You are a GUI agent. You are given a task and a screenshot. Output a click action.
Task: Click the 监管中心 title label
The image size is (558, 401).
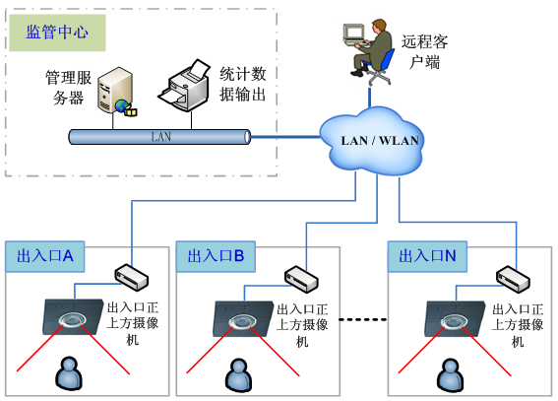[57, 33]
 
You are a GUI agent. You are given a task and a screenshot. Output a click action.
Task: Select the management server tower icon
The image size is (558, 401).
[116, 92]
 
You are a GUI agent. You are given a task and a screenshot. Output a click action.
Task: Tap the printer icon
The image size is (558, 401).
[184, 86]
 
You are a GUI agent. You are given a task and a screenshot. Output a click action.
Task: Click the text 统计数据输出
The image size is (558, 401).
[243, 85]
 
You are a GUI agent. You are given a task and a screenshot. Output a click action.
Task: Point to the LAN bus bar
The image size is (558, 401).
[159, 137]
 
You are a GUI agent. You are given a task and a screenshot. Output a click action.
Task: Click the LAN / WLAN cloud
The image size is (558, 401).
[372, 141]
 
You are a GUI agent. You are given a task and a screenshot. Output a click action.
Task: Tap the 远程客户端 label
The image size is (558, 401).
[424, 51]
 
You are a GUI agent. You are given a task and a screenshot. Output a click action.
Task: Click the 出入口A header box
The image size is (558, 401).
[45, 256]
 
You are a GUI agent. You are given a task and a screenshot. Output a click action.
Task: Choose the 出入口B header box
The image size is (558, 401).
[216, 256]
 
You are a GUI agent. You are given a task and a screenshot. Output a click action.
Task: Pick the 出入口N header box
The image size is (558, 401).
[427, 256]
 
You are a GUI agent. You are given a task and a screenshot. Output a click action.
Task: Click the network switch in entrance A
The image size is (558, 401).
[131, 277]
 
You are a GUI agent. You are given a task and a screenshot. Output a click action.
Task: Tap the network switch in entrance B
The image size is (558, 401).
[301, 279]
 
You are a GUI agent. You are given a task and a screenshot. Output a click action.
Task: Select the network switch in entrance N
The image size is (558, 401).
[513, 279]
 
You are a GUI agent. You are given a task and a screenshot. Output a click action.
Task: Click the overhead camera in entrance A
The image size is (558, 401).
[73, 317]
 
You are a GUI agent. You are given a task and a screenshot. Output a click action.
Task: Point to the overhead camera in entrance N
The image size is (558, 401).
[455, 319]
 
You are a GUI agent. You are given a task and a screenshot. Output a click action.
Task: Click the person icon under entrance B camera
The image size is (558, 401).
[238, 374]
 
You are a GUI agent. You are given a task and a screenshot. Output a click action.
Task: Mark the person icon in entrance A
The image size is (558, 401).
[69, 372]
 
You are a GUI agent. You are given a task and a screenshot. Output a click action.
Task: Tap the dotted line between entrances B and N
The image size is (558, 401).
[362, 319]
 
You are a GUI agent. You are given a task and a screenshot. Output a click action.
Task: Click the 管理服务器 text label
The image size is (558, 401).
[68, 88]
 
